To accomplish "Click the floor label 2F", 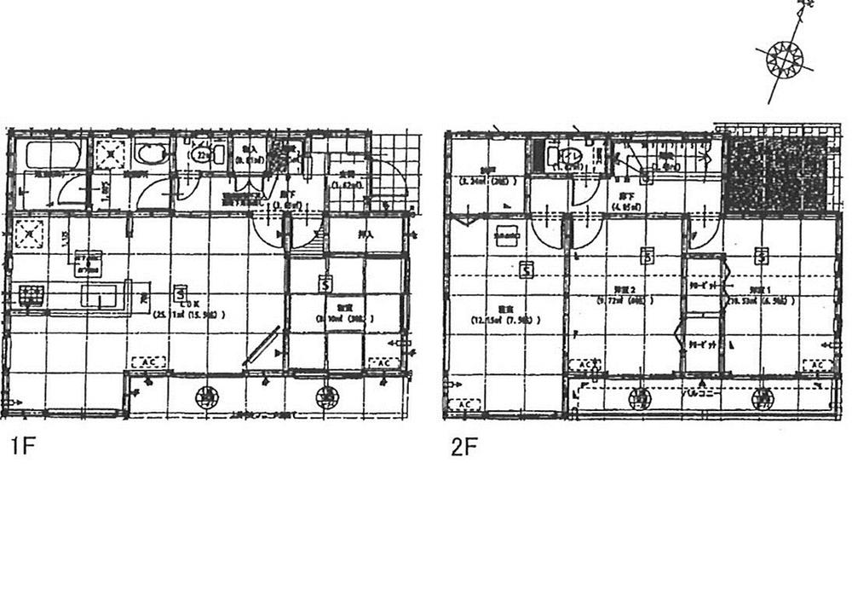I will tap(462, 448).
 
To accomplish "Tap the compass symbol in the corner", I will tap(785, 58).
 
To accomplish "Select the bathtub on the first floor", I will tap(52, 156).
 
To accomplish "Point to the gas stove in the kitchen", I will tap(32, 297).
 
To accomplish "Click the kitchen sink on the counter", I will tap(101, 296).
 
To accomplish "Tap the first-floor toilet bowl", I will tap(204, 155).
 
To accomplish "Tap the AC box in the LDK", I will tap(147, 362).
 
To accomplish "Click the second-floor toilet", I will tap(563, 156).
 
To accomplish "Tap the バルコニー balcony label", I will tap(704, 394).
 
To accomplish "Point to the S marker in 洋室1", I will tap(761, 255).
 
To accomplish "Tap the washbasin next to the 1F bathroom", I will tap(152, 155).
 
